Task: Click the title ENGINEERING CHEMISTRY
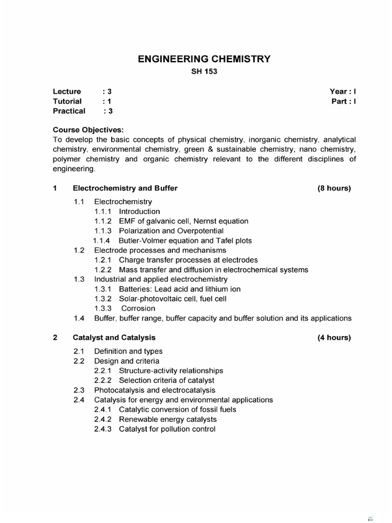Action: click(204, 59)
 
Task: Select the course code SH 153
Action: click(204, 72)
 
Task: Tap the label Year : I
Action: click(342, 91)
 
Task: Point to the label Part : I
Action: click(344, 101)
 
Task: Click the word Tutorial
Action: click(67, 101)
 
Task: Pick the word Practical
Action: click(69, 111)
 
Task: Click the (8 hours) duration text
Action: click(334, 188)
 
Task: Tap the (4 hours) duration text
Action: click(334, 338)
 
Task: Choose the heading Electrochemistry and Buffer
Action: click(125, 188)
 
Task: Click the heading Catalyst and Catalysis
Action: click(114, 338)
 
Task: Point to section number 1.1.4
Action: click(104, 241)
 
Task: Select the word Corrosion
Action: click(138, 308)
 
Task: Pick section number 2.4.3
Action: click(104, 429)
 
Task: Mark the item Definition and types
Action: click(129, 351)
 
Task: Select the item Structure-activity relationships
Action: click(171, 371)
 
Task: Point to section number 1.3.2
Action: click(104, 299)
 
